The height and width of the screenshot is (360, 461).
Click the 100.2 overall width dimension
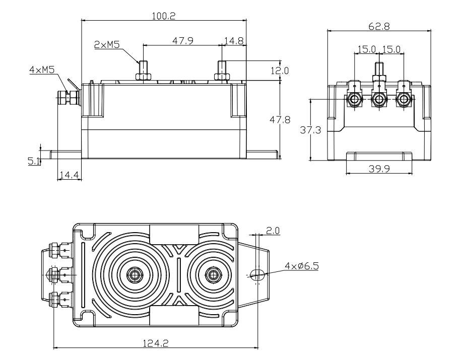coord(164,16)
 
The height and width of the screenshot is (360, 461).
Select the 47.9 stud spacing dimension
coord(183,40)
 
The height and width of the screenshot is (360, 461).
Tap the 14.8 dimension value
coord(234,40)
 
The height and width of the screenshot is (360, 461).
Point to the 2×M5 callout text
coord(106,44)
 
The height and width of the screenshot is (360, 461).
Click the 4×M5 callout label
coord(41,70)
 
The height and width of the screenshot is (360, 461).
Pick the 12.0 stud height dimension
coord(279,70)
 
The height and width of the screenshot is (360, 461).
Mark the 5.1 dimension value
coord(34,161)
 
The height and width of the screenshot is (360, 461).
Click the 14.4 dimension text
coord(69,175)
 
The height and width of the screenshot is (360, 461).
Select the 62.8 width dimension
coord(379,26)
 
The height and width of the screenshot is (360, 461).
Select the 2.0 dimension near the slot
coord(273,230)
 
